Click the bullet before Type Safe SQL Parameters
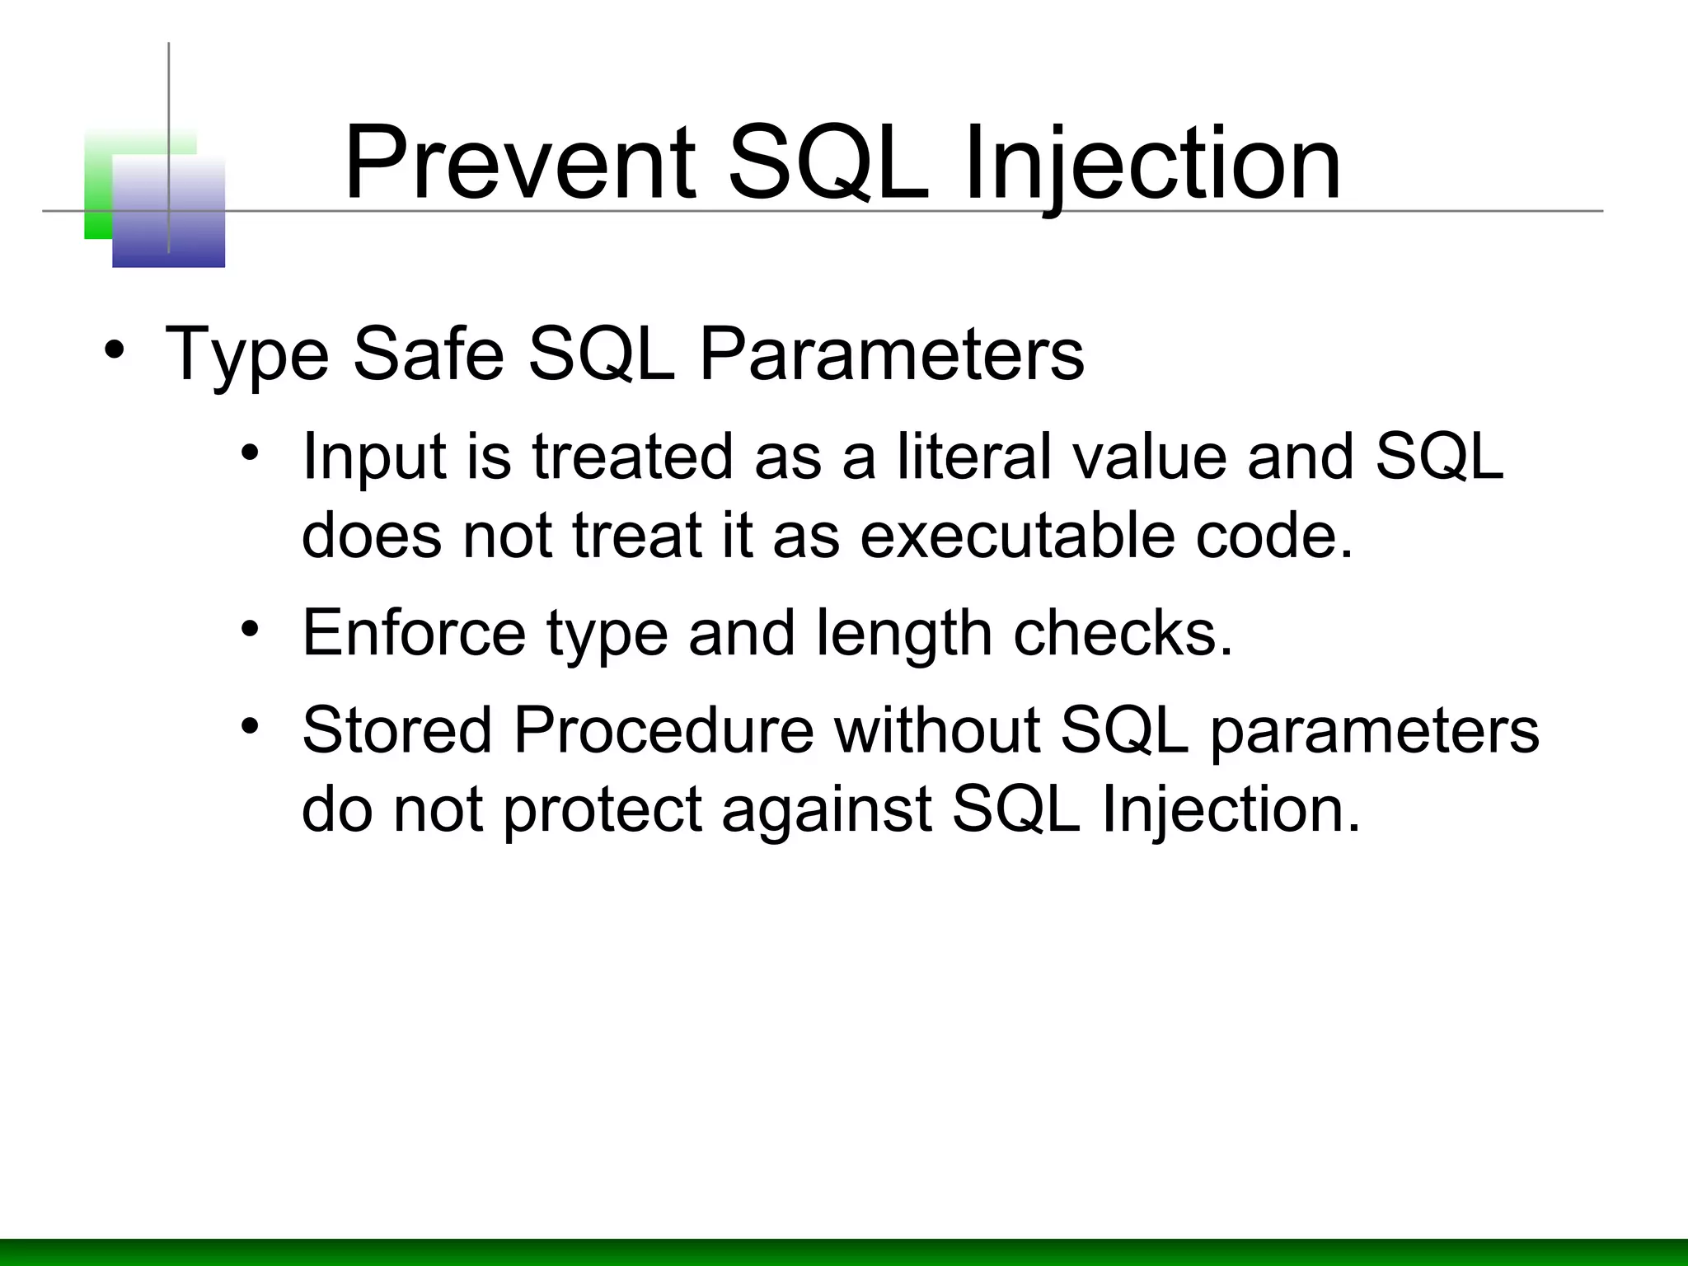tap(115, 349)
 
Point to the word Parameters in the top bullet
tap(891, 354)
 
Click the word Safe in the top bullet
tap(428, 354)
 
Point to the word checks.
tap(1123, 632)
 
